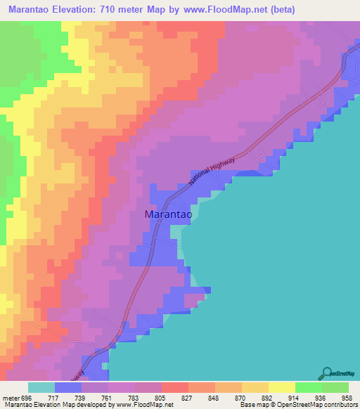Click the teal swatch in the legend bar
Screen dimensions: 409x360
(41, 387)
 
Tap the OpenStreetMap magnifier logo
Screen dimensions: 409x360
(328, 372)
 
